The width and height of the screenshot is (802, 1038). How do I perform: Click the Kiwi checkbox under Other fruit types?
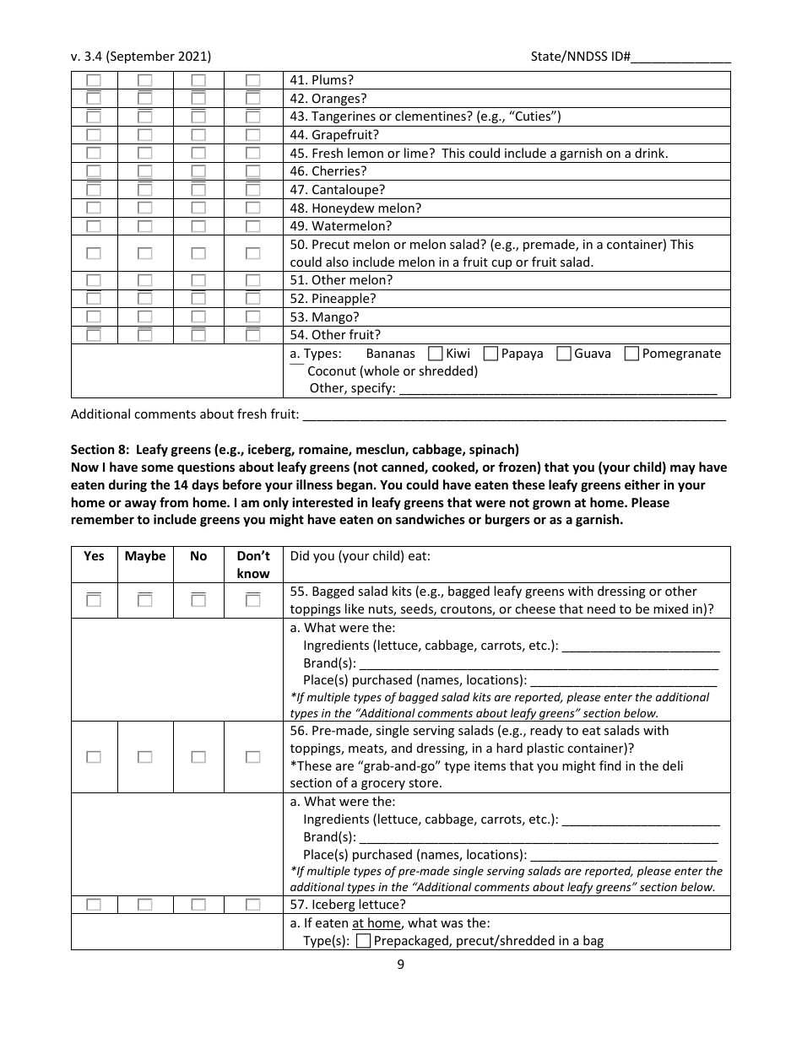(436, 354)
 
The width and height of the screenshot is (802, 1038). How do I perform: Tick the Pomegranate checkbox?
(631, 354)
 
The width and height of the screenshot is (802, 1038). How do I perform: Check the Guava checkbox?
(564, 354)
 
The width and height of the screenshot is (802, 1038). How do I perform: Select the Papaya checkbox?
(490, 354)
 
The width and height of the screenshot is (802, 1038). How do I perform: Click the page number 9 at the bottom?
(401, 965)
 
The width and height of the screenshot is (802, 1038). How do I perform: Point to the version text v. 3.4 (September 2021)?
(141, 57)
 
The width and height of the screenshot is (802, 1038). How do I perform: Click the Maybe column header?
(145, 555)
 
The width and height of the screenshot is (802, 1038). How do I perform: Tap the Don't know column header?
(253, 564)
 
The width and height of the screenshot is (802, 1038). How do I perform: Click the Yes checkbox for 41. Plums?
(94, 80)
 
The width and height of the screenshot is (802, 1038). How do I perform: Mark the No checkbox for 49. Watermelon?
(198, 226)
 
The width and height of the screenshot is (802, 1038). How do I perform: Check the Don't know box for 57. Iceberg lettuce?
(253, 904)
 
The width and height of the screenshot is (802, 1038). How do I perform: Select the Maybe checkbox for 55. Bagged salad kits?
(145, 600)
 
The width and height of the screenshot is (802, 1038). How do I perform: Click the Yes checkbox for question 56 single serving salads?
(94, 757)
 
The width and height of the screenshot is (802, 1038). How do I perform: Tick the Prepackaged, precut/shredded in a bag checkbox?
(364, 940)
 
